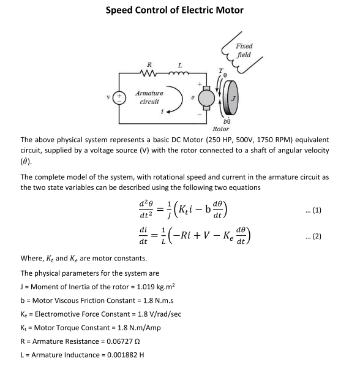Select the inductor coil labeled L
pos(179,76)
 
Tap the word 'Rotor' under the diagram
pos(221,129)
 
